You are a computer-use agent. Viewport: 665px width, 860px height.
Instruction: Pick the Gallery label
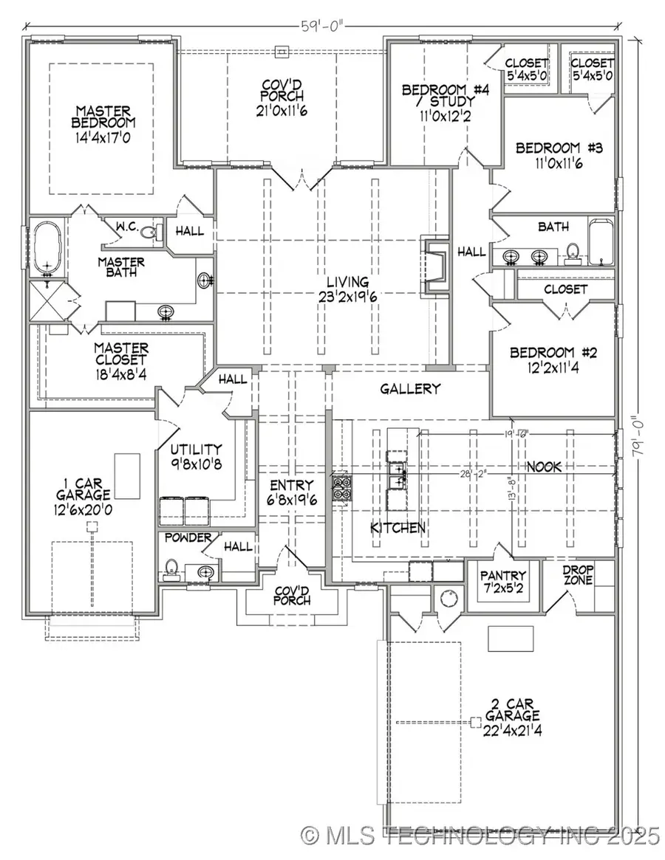tap(410, 389)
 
